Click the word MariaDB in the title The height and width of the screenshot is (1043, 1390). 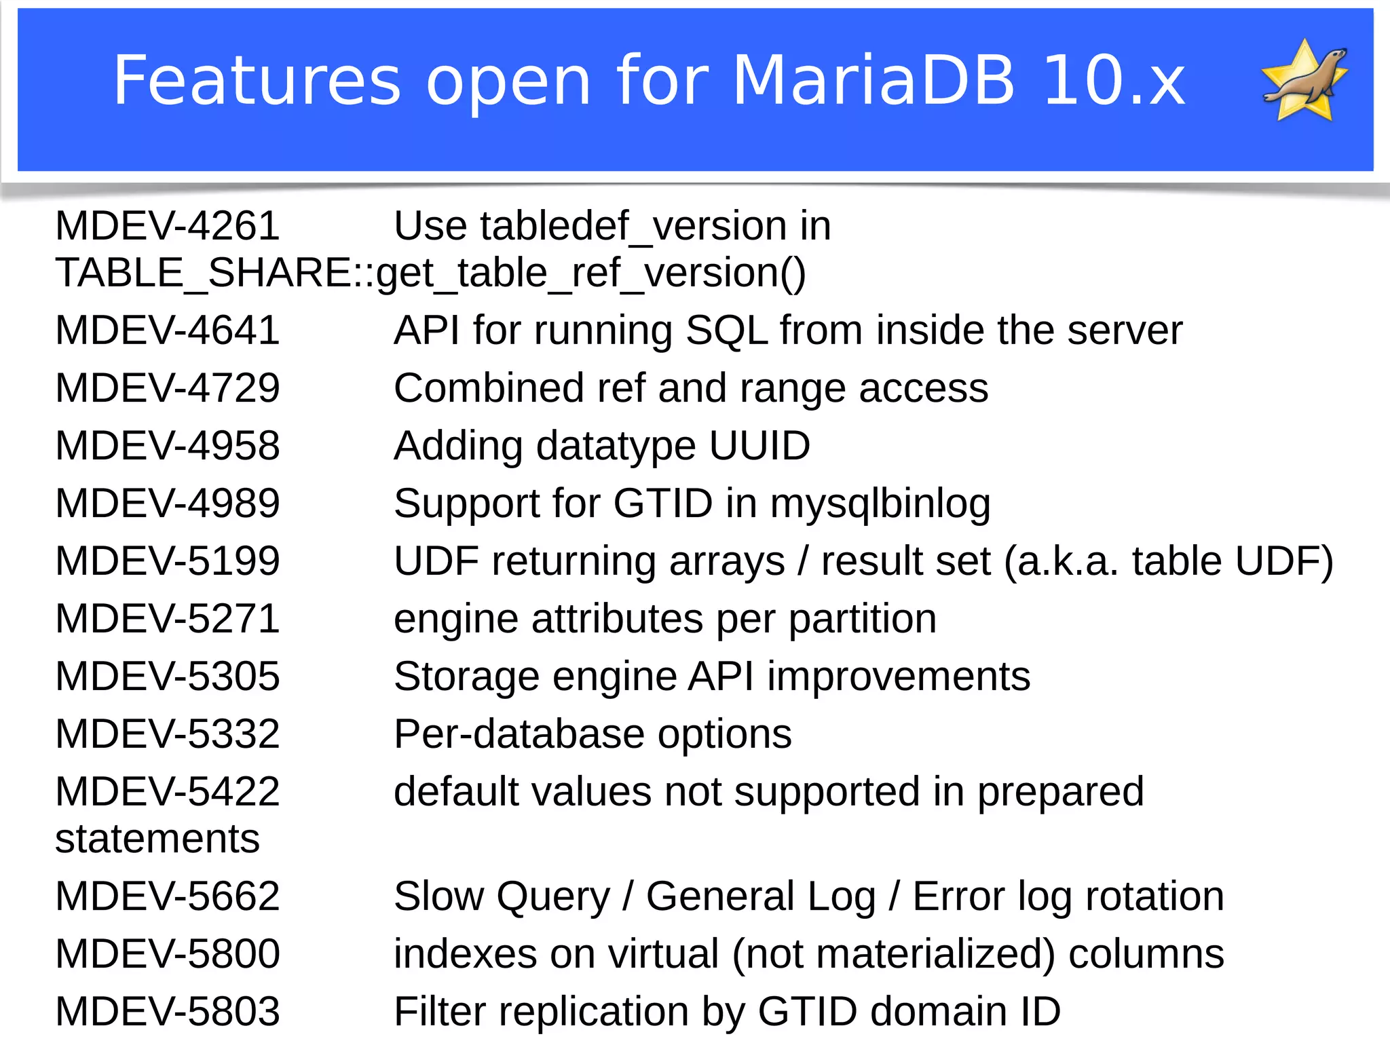tap(874, 81)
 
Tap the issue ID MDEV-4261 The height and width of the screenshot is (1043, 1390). tap(168, 226)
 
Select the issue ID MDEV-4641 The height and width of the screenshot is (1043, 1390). tap(168, 330)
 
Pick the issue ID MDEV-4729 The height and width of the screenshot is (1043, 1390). tap(168, 388)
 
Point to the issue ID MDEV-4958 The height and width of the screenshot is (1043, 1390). tap(168, 446)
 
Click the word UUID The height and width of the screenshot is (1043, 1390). tap(759, 446)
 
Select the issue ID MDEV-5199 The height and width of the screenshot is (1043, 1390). tap(168, 561)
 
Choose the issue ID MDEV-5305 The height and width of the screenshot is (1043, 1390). tap(168, 677)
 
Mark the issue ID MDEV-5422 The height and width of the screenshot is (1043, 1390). tap(168, 792)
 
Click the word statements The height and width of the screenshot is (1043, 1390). tap(157, 839)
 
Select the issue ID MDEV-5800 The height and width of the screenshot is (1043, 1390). tap(168, 954)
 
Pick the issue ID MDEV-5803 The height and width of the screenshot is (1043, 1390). tap(168, 1012)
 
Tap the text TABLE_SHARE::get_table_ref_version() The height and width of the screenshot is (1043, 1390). tap(430, 273)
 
